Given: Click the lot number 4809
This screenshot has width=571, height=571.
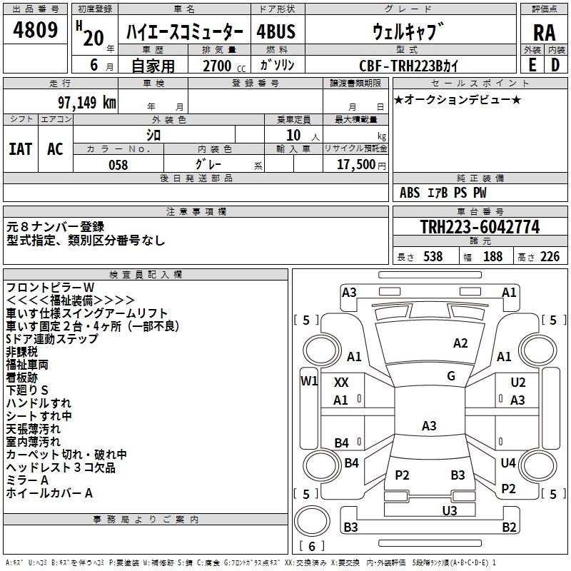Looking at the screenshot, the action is pos(35,30).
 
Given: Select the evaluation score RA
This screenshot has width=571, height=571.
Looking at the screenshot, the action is pos(544,33).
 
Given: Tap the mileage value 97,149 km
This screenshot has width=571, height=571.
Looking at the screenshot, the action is pos(86,103).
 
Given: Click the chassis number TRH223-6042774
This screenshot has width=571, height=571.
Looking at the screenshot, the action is pos(480,227).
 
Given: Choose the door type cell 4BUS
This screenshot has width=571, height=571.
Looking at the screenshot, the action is pos(276,32).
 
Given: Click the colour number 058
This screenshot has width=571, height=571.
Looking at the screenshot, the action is pos(118,165).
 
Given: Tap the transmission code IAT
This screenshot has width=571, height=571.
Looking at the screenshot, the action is pos(20,148).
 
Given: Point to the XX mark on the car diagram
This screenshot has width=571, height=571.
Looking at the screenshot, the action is pos(341,383).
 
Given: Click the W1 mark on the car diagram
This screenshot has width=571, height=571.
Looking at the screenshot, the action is pos(308,380).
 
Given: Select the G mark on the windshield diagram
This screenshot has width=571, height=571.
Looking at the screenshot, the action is pos(450,375).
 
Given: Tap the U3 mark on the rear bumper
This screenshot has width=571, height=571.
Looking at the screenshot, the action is pos(449,510).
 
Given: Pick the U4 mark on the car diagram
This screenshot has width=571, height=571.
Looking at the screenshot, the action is pos(507,463).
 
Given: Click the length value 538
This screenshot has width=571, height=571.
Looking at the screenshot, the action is pos(433,256).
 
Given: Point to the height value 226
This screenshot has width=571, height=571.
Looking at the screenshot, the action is pos(549,256).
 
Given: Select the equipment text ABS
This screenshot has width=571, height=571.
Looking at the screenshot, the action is pos(410,192).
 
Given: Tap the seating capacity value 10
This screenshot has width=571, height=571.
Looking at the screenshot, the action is pos(293,135).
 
